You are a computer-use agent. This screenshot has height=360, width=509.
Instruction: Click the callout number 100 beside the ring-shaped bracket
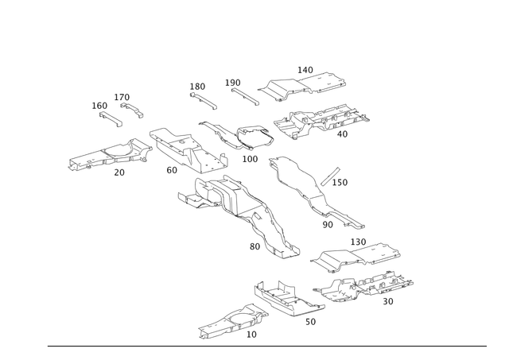click(251, 160)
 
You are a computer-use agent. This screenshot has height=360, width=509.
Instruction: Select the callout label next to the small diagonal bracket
click(344, 183)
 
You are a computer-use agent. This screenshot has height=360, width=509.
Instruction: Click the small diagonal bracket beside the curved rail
click(329, 176)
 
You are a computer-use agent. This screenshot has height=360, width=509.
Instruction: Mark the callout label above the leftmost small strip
click(97, 103)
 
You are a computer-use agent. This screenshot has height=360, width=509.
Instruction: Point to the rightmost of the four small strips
click(242, 93)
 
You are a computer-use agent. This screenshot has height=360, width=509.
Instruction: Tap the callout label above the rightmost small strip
click(233, 80)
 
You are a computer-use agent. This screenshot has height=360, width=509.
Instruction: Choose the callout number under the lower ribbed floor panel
click(387, 302)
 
